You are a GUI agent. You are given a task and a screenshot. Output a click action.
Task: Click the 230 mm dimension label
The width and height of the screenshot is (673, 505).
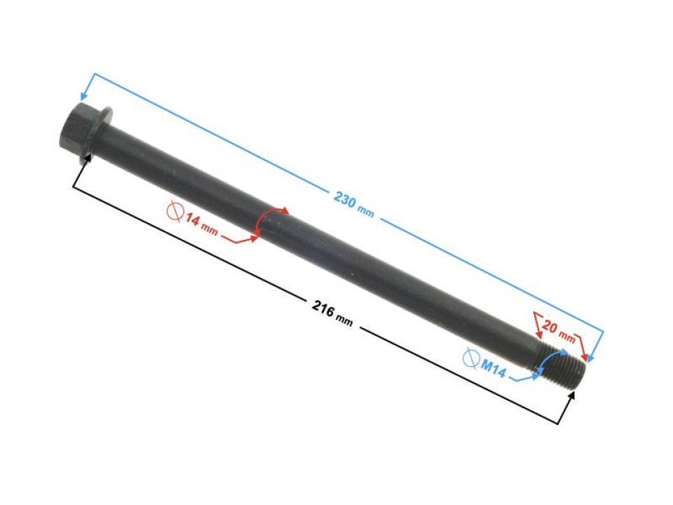point(353,204)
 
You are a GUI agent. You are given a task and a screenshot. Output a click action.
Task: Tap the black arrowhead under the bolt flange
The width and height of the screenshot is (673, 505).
point(88,159)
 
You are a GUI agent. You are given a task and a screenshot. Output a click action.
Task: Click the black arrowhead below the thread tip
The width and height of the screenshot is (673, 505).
point(573,395)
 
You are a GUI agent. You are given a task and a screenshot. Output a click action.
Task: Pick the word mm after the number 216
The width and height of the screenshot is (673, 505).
point(344,320)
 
